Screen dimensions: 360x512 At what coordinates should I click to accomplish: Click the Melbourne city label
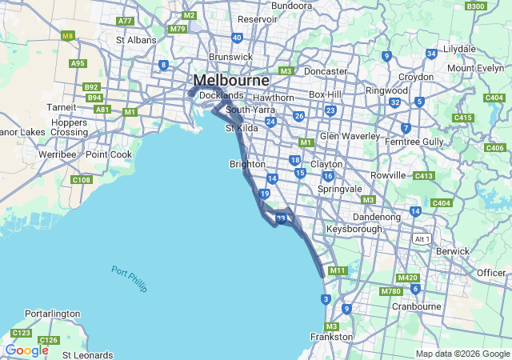[x=230, y=81]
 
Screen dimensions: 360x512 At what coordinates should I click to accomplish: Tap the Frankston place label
[x=331, y=337]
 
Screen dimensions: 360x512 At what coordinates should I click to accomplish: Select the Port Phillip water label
[x=130, y=278]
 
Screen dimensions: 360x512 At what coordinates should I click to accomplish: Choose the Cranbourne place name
[x=417, y=306]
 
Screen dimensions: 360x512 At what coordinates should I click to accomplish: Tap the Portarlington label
[x=53, y=314]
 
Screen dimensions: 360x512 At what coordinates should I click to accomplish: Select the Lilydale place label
[x=459, y=48]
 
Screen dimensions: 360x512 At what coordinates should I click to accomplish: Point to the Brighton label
[x=247, y=164]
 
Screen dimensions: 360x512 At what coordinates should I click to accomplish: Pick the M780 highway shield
[x=391, y=291]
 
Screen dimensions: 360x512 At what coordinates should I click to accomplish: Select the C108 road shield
[x=81, y=180]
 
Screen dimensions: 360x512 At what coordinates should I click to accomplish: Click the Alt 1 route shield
[x=422, y=238]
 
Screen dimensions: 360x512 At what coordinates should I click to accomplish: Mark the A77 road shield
[x=125, y=21]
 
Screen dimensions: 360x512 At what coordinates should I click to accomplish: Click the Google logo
[x=26, y=350]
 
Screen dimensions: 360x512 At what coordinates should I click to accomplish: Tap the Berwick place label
[x=454, y=250]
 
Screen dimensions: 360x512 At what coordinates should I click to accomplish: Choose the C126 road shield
[x=49, y=341]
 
